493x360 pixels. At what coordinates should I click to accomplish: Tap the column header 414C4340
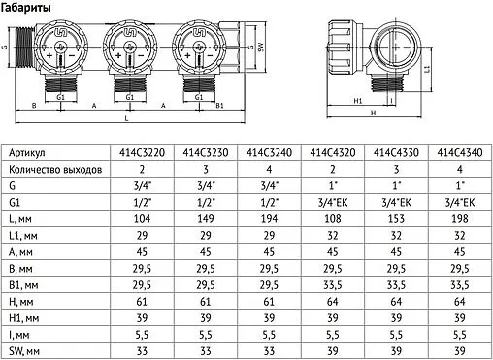(456, 153)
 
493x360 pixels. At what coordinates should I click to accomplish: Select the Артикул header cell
(27, 153)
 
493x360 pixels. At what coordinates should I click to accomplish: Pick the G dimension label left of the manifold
(6, 46)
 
